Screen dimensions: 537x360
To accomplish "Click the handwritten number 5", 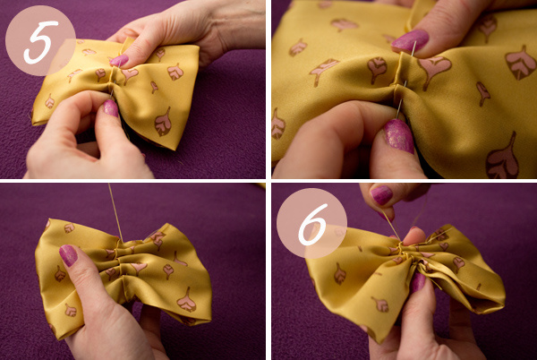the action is click(x=40, y=42).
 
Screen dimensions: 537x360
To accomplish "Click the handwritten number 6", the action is click(x=312, y=224).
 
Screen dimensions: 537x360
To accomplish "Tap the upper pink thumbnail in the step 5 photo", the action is click(x=119, y=61).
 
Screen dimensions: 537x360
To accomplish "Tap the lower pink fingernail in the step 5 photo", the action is click(x=111, y=107).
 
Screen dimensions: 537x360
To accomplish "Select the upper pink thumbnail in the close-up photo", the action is click(x=410, y=40).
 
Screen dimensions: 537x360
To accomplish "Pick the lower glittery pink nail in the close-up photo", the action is click(x=398, y=135).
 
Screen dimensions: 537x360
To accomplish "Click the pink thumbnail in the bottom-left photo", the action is click(x=69, y=255).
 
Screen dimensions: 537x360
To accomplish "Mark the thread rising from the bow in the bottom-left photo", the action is click(x=115, y=212).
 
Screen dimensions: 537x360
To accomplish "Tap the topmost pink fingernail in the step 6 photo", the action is click(x=381, y=195).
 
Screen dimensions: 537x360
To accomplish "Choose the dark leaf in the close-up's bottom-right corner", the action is click(x=502, y=159).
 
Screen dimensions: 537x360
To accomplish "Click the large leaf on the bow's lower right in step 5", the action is click(x=163, y=123).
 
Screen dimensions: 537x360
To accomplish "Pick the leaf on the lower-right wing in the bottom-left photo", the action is click(x=187, y=300).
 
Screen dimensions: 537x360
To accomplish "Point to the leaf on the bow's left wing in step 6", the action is click(x=340, y=274).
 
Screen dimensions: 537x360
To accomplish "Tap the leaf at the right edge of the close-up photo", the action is click(x=521, y=63).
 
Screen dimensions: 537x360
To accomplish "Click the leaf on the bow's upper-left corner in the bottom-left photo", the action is click(x=69, y=227).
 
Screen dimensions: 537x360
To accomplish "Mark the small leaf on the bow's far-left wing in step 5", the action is click(x=49, y=101).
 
